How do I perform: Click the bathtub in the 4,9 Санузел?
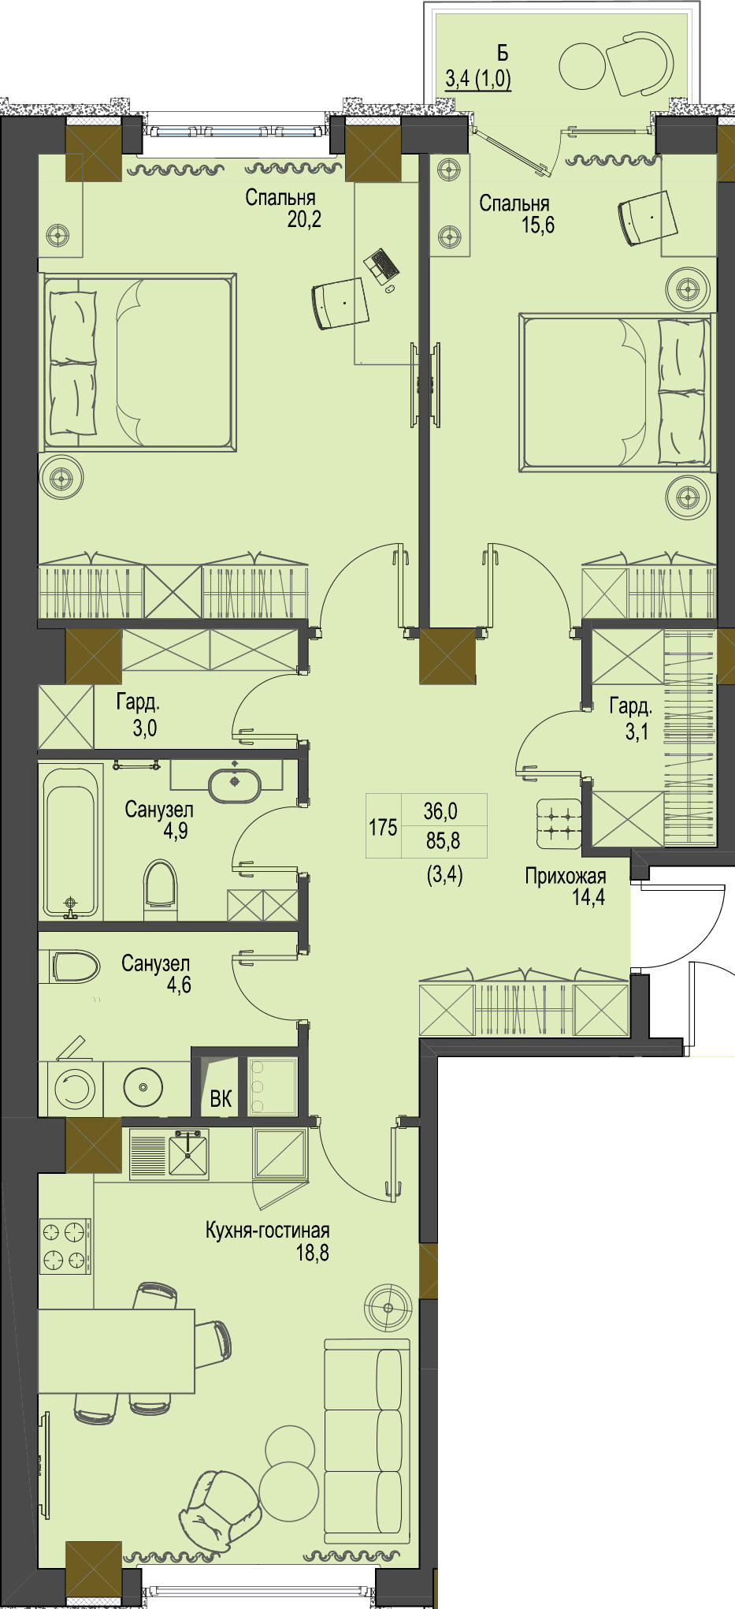(71, 842)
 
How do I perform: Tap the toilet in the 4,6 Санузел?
(75, 966)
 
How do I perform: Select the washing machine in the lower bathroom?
(75, 1089)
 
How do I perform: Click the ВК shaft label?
(221, 1098)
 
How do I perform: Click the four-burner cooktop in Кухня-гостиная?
(65, 1246)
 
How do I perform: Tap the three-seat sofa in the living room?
(367, 1441)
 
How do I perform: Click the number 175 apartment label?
(383, 827)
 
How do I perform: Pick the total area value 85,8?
(443, 840)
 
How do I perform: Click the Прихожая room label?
(566, 876)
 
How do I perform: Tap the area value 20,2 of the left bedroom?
(304, 219)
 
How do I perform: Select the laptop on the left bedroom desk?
(382, 266)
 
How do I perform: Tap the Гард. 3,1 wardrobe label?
(630, 718)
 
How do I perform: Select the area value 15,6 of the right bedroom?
(537, 225)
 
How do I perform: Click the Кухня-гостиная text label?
(267, 1231)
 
